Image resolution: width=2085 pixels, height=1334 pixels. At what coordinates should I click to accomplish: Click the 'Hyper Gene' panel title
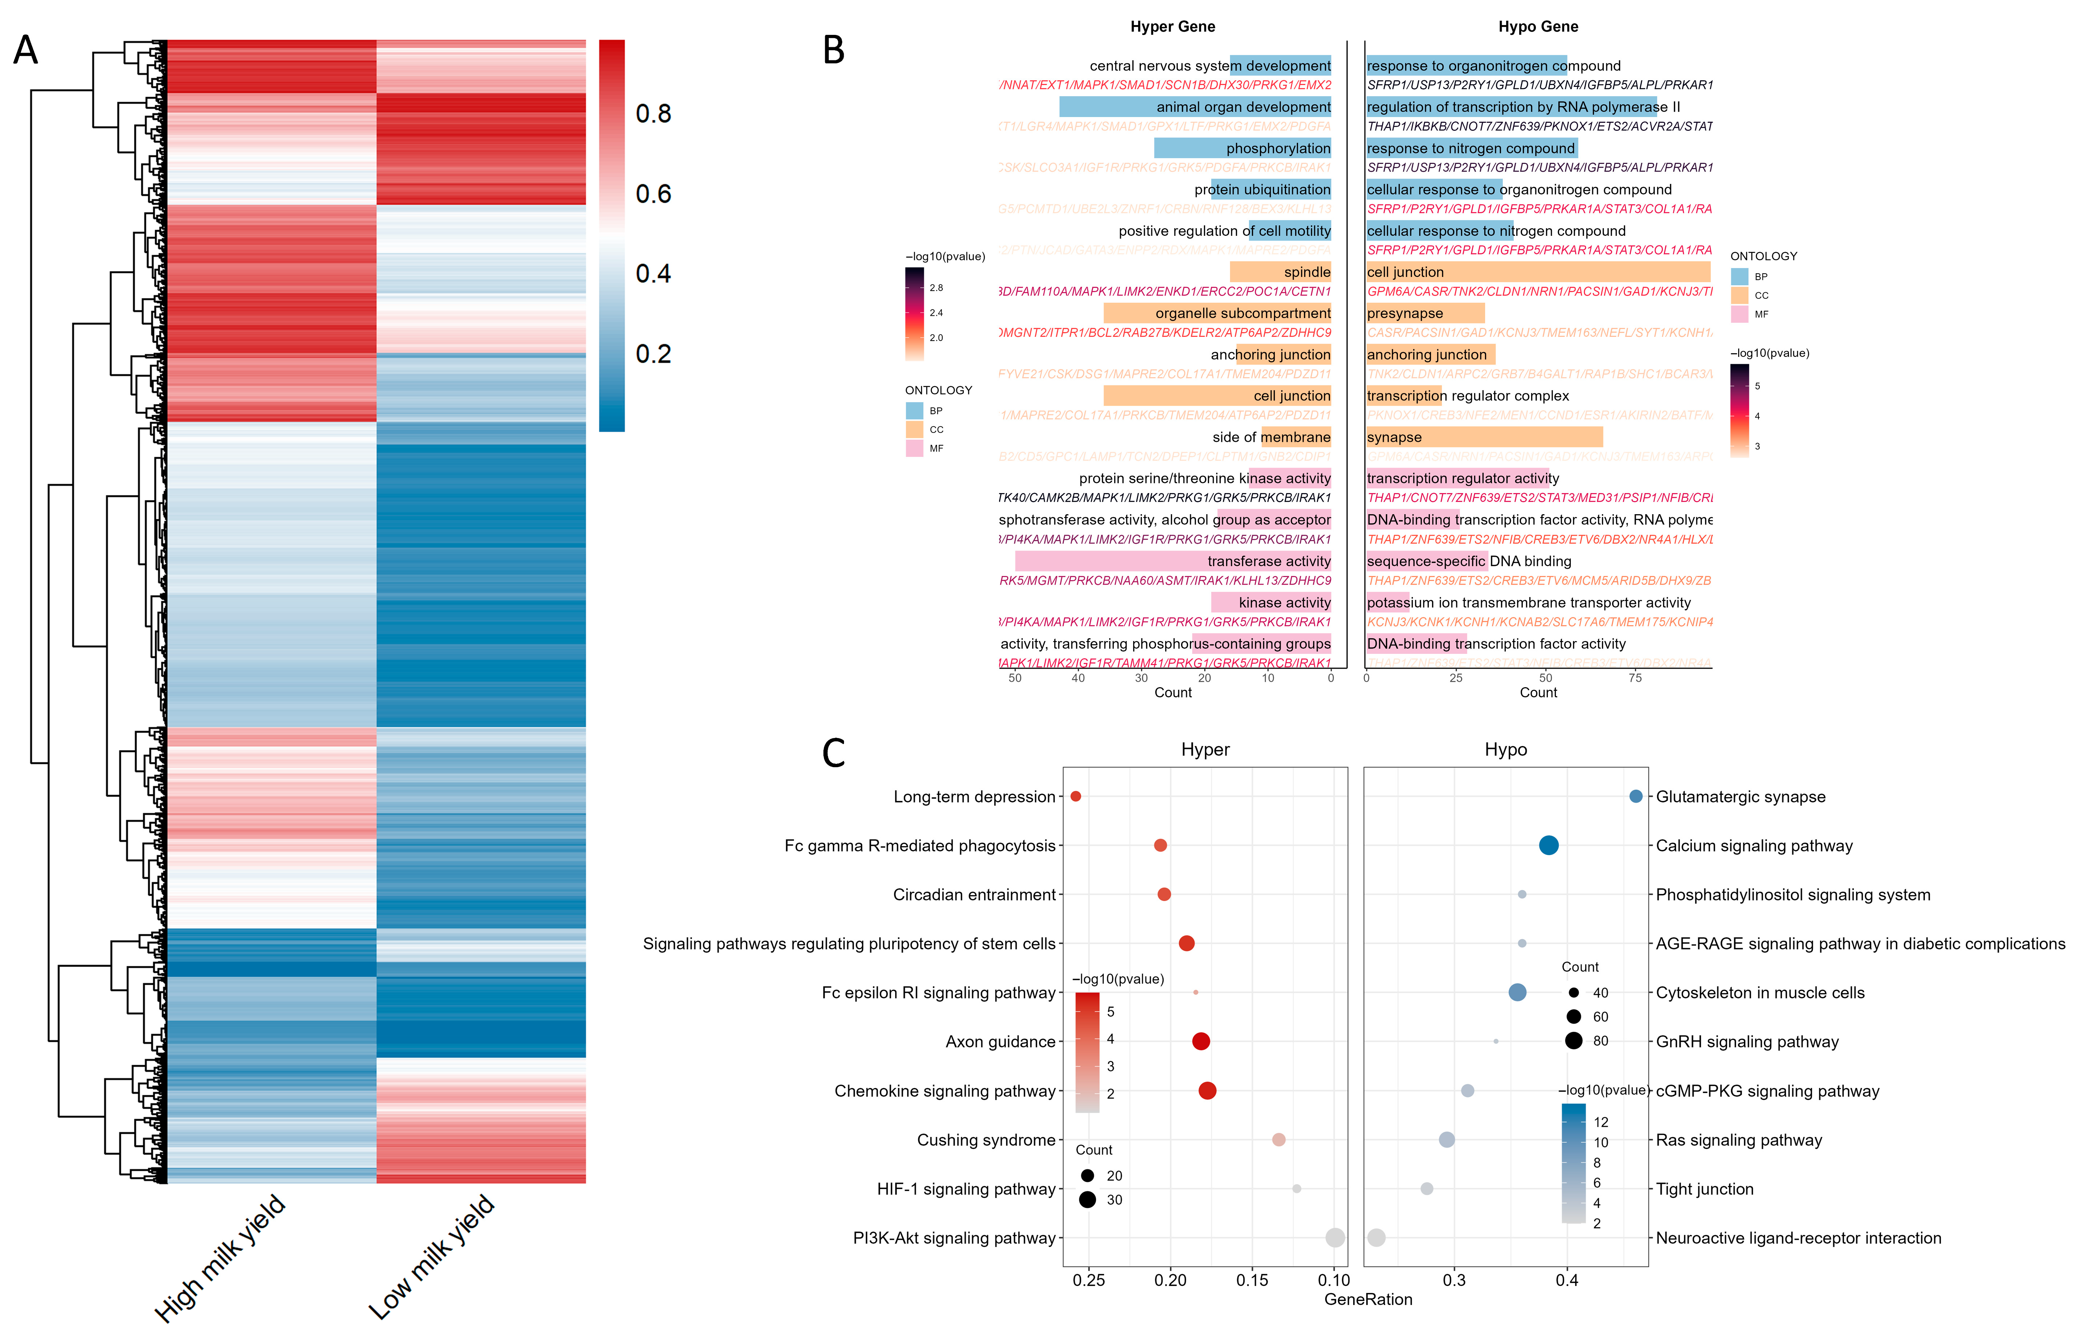click(1172, 27)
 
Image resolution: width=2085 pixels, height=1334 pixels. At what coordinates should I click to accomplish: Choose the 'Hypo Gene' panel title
click(1538, 27)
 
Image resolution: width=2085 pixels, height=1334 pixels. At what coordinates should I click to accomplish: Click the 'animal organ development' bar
click(1195, 106)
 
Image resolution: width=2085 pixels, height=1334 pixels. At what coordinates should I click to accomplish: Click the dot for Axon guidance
click(1200, 1041)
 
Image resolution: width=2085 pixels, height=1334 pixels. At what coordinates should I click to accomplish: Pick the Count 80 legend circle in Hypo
click(1573, 1041)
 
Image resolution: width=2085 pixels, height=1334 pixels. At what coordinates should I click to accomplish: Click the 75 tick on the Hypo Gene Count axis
click(1635, 678)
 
